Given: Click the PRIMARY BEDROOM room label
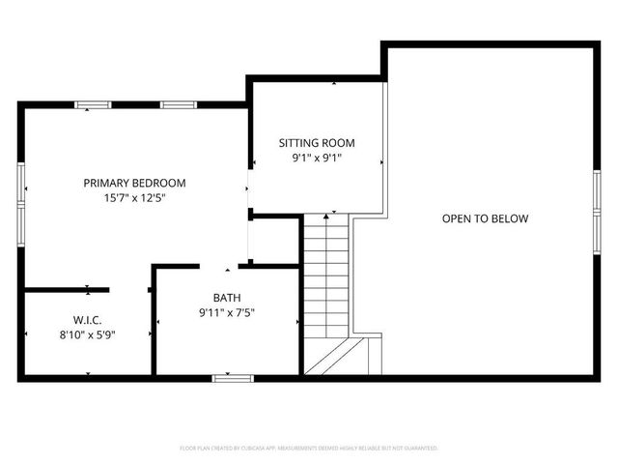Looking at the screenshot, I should pyautogui.click(x=134, y=183).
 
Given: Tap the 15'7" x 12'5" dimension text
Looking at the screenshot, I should pyautogui.click(x=134, y=198).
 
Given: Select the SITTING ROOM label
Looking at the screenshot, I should pyautogui.click(x=317, y=141).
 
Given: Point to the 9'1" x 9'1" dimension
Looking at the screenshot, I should pyautogui.click(x=317, y=158).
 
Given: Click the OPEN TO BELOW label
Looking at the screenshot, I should pyautogui.click(x=485, y=218).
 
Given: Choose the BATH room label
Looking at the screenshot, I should pyautogui.click(x=228, y=298).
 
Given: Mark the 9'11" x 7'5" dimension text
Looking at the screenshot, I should pyautogui.click(x=228, y=313).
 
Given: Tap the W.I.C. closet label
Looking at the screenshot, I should pyautogui.click(x=87, y=320).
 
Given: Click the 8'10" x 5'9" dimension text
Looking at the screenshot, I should pyautogui.click(x=87, y=335).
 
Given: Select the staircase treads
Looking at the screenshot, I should pyautogui.click(x=326, y=275).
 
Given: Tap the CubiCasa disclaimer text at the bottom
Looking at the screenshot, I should pyautogui.click(x=309, y=449).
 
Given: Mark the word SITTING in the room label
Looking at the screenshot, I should pyautogui.click(x=296, y=141).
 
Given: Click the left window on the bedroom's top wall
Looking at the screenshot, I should pyautogui.click(x=94, y=104).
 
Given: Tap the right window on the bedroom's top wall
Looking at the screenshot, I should pyautogui.click(x=176, y=104).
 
